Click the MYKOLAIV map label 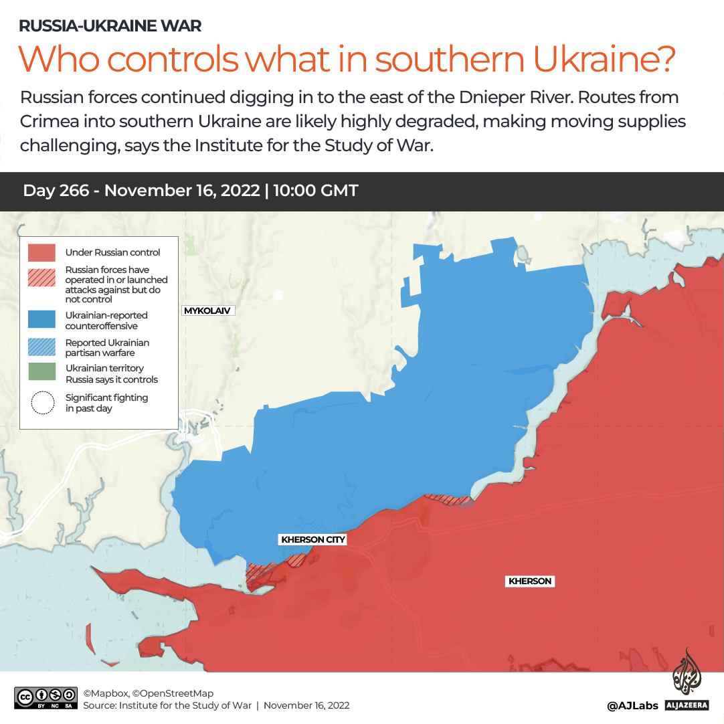[x=208, y=310]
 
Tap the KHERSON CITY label [x=313, y=539]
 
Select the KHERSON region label [x=530, y=581]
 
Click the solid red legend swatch [x=41, y=252]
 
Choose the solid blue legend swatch [x=41, y=320]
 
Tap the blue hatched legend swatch [x=41, y=347]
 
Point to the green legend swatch [x=41, y=373]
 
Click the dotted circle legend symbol [x=42, y=403]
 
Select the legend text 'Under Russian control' [x=112, y=252]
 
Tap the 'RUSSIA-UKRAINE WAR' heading [x=110, y=26]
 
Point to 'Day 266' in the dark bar [x=56, y=191]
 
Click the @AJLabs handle [x=632, y=705]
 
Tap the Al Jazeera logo [x=687, y=678]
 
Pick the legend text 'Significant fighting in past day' [x=106, y=403]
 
